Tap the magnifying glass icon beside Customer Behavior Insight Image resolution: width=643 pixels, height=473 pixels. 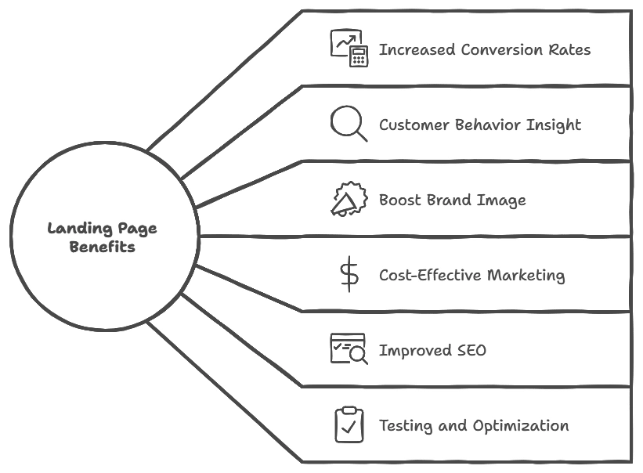tap(349, 124)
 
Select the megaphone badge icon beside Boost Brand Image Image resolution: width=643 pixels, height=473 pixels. tap(349, 199)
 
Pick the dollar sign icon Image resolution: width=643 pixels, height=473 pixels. tap(349, 275)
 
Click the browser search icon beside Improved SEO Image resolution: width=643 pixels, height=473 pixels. tap(349, 349)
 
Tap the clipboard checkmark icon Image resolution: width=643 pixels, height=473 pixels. tap(349, 424)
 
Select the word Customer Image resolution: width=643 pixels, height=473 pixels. tap(414, 125)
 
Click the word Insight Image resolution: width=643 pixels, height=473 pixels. tap(554, 125)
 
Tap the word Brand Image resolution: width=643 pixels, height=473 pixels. tap(455, 200)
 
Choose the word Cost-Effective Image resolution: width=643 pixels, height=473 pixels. tap(430, 276)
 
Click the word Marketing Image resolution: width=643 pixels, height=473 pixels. tap(526, 276)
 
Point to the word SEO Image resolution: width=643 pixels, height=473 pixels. tap(471, 351)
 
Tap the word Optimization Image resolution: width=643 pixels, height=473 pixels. tap(521, 427)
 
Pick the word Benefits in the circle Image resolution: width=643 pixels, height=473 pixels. tap(102, 247)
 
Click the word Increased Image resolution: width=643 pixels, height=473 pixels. tap(415, 50)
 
